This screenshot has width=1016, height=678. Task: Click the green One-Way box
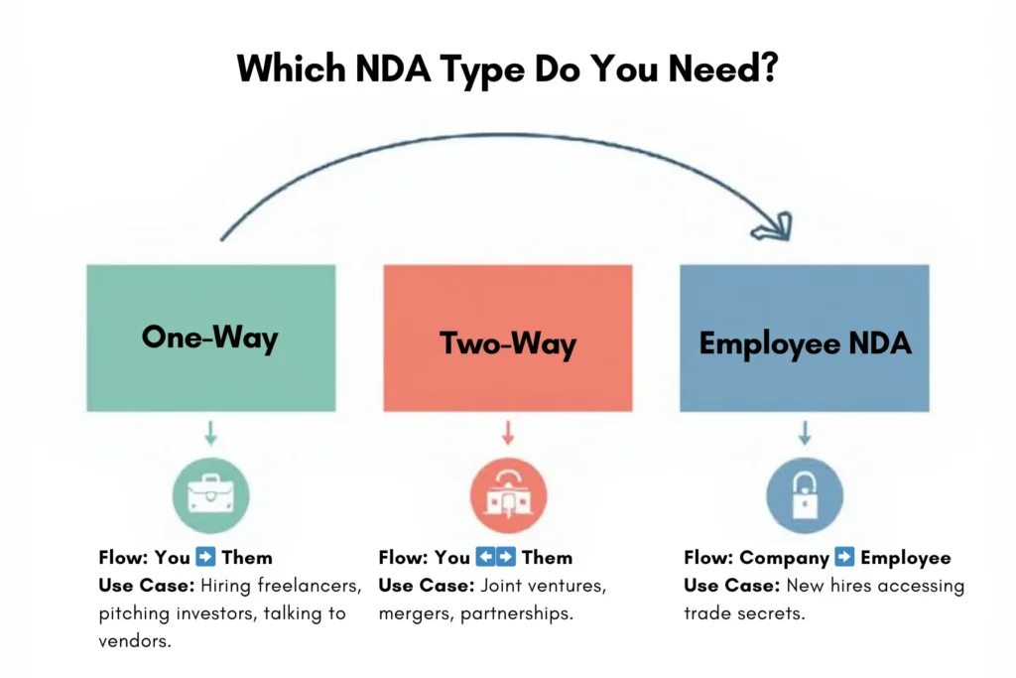[x=211, y=338]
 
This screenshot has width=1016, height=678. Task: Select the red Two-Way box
[x=508, y=338]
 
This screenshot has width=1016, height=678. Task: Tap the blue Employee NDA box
[x=804, y=338]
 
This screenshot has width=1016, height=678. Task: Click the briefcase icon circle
[x=210, y=495]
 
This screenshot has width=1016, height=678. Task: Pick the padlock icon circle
[x=805, y=495]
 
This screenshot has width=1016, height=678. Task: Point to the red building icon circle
[x=509, y=495]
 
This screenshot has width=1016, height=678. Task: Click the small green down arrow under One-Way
[x=210, y=433]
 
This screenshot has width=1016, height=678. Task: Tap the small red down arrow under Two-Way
[x=508, y=433]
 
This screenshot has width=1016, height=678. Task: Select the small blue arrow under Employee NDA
[x=805, y=433]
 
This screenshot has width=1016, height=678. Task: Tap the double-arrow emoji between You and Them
[x=496, y=557]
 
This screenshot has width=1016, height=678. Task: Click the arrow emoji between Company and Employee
[x=844, y=557]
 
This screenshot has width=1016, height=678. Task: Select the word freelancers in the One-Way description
[x=310, y=586]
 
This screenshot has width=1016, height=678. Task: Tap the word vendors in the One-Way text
[x=135, y=641]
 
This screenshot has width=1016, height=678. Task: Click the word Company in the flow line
[x=784, y=558]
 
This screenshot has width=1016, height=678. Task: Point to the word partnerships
[x=516, y=613]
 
